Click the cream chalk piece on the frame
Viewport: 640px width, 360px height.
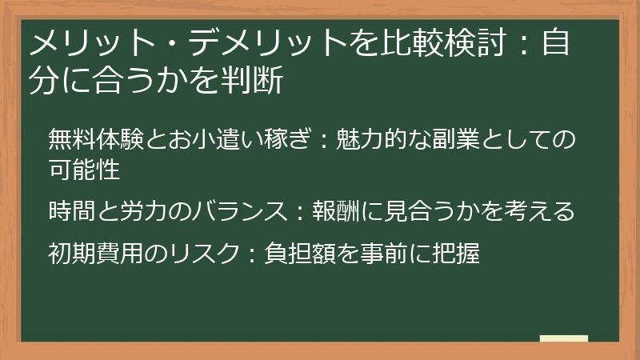pyautogui.click(x=563, y=338)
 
